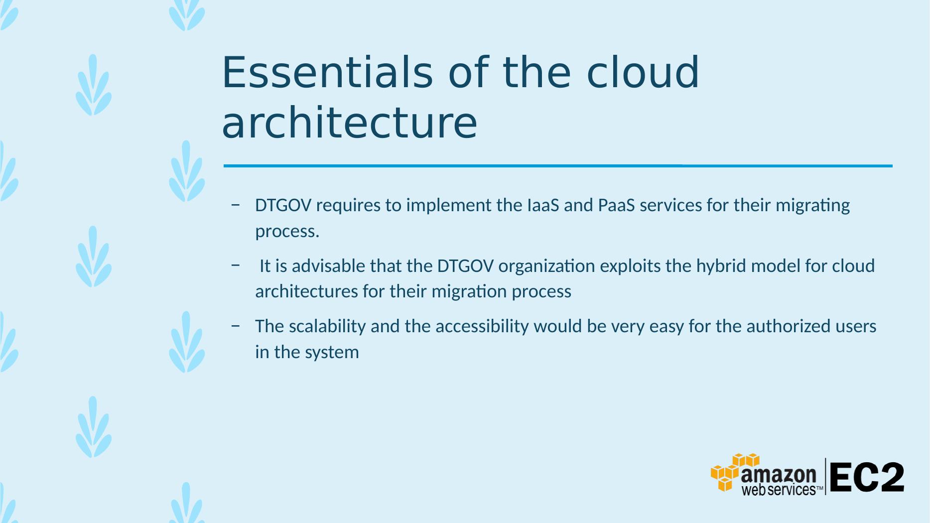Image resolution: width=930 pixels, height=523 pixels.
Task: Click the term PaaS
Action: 617,205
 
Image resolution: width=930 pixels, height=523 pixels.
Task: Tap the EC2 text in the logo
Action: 867,477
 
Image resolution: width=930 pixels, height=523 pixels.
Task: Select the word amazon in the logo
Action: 779,476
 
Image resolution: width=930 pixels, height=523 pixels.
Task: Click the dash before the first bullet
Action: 236,205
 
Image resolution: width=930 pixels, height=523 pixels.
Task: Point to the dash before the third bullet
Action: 236,326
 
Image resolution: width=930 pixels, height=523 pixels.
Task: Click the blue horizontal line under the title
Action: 558,166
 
